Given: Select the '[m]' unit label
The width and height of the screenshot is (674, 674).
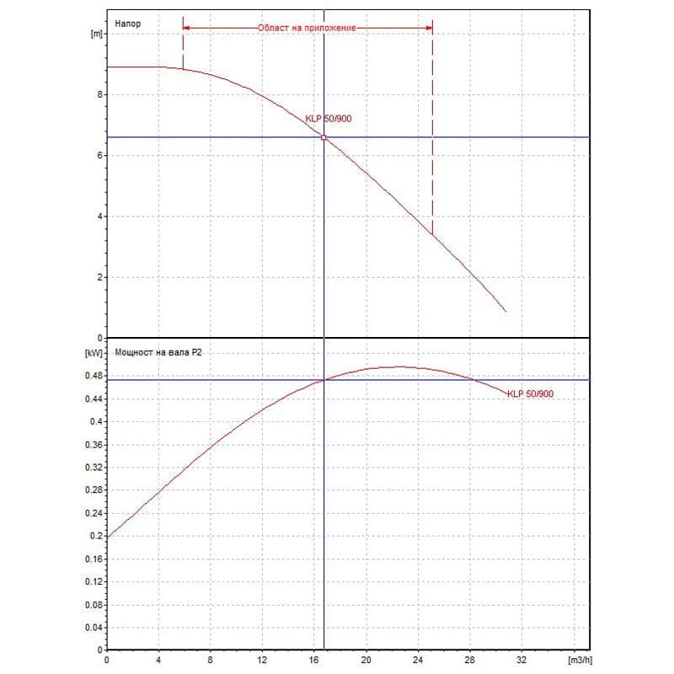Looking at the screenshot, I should pyautogui.click(x=95, y=35).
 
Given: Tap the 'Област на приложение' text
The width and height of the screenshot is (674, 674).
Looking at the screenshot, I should pyautogui.click(x=308, y=28).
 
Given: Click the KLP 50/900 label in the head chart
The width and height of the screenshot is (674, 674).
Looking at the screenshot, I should pyautogui.click(x=329, y=119).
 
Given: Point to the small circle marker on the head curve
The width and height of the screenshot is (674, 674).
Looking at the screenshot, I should pyautogui.click(x=324, y=137).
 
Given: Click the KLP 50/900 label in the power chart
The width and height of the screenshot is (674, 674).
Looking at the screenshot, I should pyautogui.click(x=531, y=394).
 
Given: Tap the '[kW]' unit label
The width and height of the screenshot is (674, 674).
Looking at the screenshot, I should pyautogui.click(x=94, y=354).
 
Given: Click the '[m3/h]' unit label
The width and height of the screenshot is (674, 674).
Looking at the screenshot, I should pyautogui.click(x=581, y=661).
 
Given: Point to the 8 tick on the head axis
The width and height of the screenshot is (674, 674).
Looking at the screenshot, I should pyautogui.click(x=99, y=95).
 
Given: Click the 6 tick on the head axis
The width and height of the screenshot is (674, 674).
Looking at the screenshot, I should pyautogui.click(x=99, y=156).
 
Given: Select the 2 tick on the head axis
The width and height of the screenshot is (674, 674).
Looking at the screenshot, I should pyautogui.click(x=99, y=277).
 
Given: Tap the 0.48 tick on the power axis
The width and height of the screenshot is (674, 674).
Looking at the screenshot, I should pyautogui.click(x=93, y=375).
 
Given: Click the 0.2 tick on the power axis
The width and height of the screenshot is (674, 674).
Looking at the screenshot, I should pyautogui.click(x=95, y=536).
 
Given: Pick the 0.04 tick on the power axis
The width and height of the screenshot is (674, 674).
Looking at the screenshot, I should pyautogui.click(x=93, y=628).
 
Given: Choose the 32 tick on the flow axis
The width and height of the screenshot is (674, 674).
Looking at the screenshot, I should pyautogui.click(x=522, y=661).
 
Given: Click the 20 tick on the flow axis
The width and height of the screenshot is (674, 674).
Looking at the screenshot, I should pyautogui.click(x=366, y=661).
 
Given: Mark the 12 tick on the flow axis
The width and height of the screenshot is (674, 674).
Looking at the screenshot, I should pyautogui.click(x=262, y=661).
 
